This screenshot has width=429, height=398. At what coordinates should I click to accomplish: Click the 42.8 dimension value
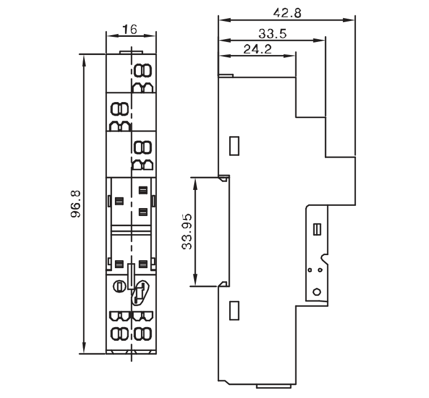pos(288,13)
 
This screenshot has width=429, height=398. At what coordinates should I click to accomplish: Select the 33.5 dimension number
pos(272,33)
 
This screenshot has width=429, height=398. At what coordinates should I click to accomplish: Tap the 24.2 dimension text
pos(258,49)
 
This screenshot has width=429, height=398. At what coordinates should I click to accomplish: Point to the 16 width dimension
pos(130,29)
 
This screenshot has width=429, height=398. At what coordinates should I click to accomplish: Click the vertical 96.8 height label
pos(75,204)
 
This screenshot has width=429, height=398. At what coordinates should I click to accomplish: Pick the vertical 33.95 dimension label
pos(187,232)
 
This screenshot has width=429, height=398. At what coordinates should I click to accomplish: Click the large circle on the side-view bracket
pos(317,292)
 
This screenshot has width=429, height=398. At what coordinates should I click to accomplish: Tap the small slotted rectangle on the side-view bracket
pos(317,229)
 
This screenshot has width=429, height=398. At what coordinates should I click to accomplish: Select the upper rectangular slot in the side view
pos(234,146)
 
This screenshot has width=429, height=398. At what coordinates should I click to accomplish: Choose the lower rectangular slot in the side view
pos(234,311)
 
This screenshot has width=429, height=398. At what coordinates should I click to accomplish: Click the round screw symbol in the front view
pos(119,286)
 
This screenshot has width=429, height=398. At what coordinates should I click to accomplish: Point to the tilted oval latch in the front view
pos(140,293)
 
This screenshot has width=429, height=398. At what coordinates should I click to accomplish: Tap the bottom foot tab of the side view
pos(273,386)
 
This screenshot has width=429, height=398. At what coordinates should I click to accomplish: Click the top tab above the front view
pos(131,52)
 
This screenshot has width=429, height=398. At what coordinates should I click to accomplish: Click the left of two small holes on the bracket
pos(310,270)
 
